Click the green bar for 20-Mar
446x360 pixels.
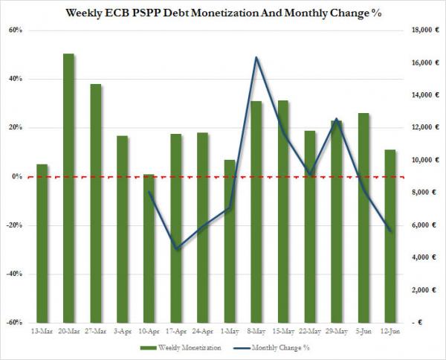68,186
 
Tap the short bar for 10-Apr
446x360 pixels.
149,248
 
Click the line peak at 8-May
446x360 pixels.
256,57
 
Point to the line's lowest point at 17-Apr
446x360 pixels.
175,248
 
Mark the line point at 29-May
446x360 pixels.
336,119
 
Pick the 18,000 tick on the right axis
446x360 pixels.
421,30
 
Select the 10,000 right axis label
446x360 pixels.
421,160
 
